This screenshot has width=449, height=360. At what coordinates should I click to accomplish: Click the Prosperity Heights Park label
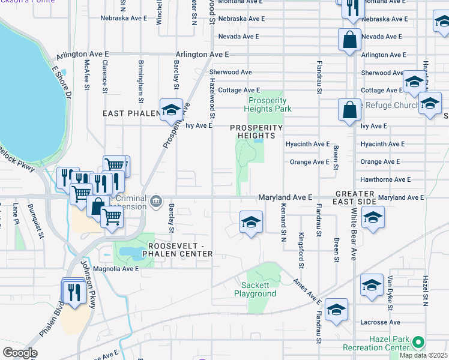(268, 104)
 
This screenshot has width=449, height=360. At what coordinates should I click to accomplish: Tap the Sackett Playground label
(259, 289)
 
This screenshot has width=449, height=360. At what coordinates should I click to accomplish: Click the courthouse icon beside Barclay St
(156, 201)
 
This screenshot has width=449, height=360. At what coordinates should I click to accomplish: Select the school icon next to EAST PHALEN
(171, 110)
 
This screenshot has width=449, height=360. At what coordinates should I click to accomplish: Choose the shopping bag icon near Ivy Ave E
(349, 110)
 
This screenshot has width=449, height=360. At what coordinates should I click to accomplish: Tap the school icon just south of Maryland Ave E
(250, 222)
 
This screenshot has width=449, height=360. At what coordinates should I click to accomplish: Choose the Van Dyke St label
(390, 292)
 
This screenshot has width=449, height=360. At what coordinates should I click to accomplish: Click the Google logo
(19, 353)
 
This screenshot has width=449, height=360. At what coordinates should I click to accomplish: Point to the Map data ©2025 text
(423, 355)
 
